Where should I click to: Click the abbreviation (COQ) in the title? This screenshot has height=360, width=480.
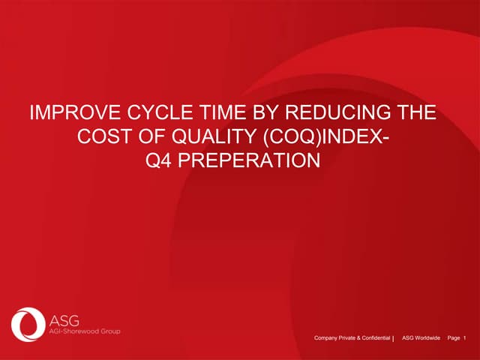[286, 137]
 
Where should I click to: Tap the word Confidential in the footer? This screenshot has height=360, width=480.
[376, 340]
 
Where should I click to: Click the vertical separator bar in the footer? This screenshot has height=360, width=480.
[394, 340]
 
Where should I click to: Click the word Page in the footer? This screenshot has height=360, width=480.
[453, 340]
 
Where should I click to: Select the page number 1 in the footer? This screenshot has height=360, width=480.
[465, 340]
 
